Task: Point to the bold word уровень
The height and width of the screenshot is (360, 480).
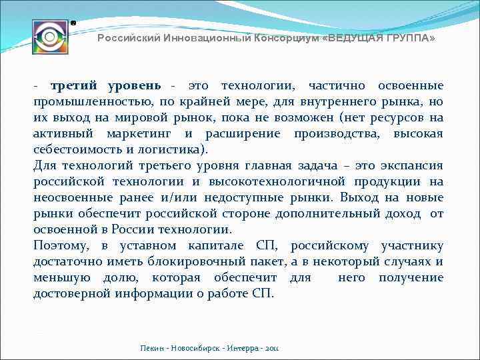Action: [132, 86]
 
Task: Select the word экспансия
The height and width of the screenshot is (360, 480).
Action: [413, 166]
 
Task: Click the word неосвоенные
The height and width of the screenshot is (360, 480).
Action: [71, 198]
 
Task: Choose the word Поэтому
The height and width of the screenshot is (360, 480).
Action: [63, 246]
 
